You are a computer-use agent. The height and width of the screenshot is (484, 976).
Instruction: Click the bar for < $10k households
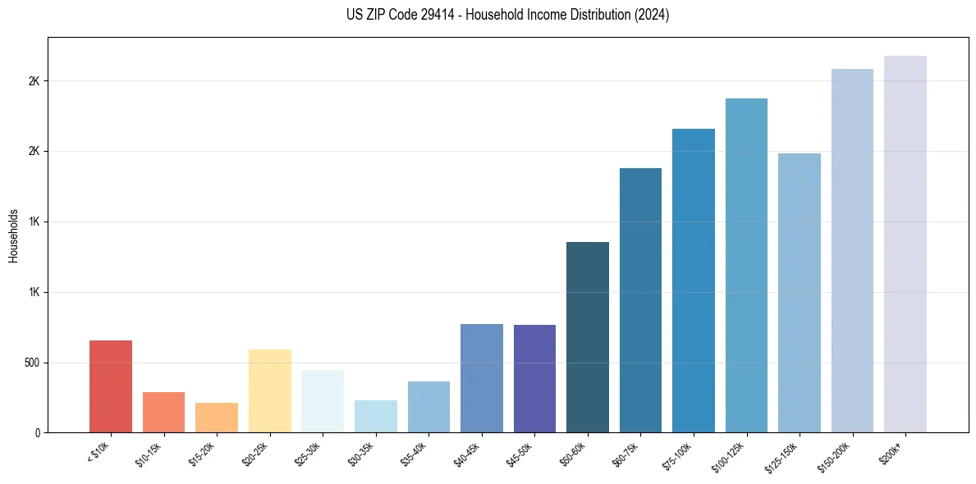coord(111,386)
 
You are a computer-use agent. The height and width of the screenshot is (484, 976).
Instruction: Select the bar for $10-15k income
coord(163,413)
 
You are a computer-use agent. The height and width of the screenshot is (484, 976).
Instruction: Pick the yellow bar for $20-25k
coord(270,391)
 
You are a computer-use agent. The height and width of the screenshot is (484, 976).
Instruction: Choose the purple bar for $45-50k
coord(534,379)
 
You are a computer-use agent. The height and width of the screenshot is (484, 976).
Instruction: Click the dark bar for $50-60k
coord(588,337)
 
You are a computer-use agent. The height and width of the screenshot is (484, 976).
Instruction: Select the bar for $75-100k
coord(694,281)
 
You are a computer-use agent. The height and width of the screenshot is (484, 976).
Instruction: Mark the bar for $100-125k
coord(746,266)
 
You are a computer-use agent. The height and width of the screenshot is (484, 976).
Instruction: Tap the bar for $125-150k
coord(800,293)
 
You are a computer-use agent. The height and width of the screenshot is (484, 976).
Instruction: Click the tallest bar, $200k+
coord(905,244)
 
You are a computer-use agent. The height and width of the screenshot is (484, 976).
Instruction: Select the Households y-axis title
coord(13,235)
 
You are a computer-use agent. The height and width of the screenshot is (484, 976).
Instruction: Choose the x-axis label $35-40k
coord(415,454)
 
